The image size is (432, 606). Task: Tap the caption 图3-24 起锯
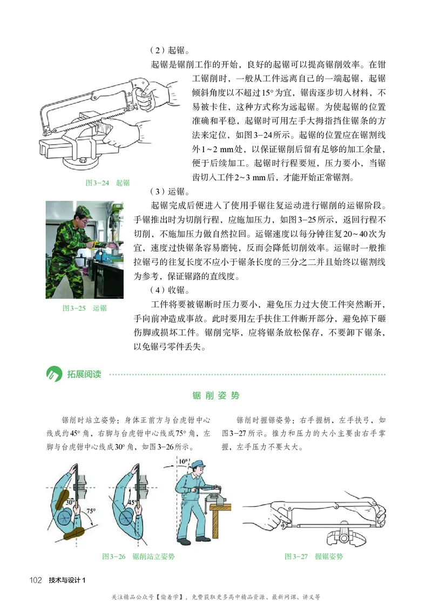(x=107, y=183)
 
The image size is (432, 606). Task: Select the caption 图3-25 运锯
(x=85, y=308)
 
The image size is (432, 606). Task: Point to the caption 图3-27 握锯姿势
(x=314, y=556)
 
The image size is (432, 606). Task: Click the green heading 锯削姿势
(x=216, y=395)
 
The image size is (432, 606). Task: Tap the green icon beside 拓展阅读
(x=53, y=374)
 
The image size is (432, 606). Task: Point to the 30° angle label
(x=70, y=501)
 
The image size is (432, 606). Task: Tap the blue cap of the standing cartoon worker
(x=199, y=464)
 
